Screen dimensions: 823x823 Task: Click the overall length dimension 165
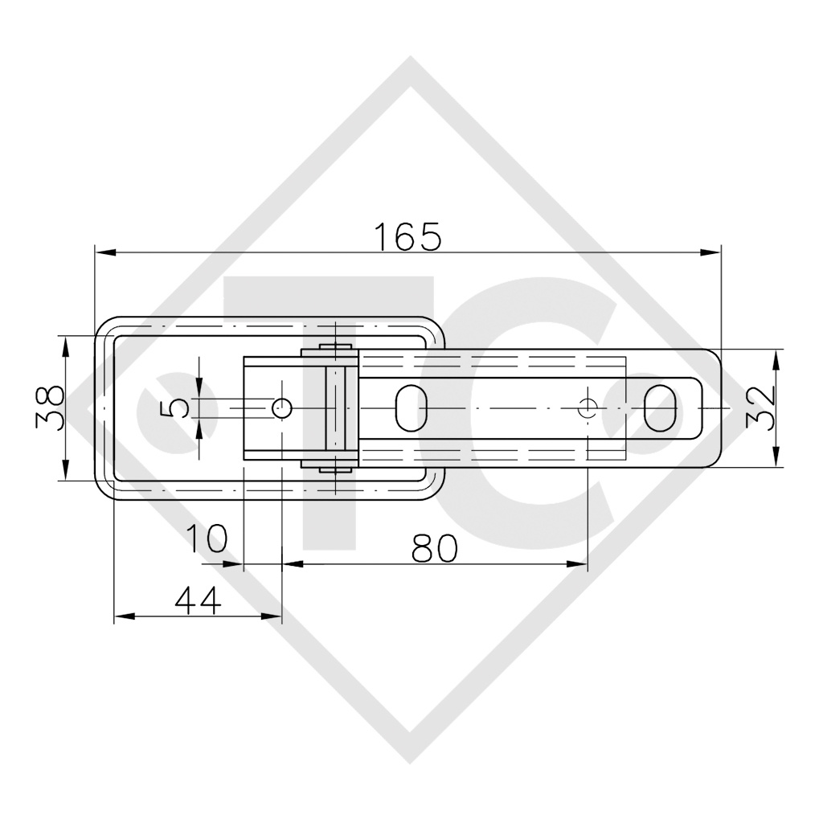pos(407,235)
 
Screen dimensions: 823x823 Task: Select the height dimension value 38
pos(50,407)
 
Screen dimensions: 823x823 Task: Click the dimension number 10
pos(207,538)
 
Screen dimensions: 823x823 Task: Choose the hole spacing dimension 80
pos(434,548)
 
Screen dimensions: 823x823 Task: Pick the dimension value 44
pos(197,600)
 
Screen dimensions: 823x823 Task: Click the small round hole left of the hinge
pos(282,408)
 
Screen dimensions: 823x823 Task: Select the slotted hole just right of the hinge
pos(411,408)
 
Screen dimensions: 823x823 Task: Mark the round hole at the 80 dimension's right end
pos(588,408)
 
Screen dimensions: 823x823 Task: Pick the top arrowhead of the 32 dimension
pos(776,358)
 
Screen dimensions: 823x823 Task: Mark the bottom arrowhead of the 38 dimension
pos(65,472)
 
